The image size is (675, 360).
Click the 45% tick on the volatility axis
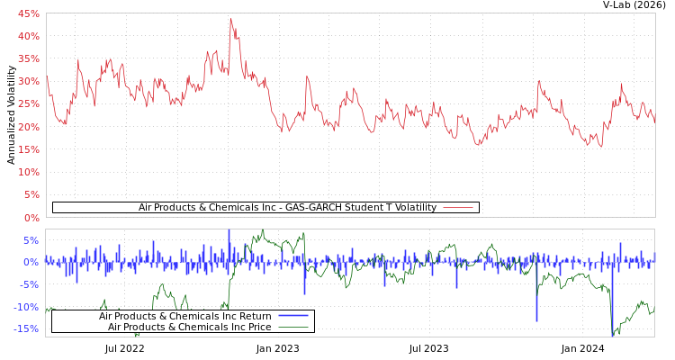coord(28,13)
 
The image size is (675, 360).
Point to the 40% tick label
coord(28,36)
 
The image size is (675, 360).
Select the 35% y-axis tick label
coord(28,58)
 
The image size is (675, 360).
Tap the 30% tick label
coord(28,81)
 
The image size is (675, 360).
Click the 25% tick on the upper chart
coord(28,104)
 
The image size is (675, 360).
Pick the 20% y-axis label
coord(28,127)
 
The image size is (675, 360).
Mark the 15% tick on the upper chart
coord(28,149)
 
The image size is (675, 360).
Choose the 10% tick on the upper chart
coord(28,172)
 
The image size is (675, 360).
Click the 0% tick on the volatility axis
coord(31,218)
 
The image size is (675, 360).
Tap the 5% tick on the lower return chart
coord(31,240)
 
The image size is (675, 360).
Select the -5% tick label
coord(29,284)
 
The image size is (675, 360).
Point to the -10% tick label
coord(26,307)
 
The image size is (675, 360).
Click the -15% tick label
coord(26,328)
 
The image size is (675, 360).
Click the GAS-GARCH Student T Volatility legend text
coord(287,207)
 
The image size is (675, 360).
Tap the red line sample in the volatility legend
coord(458,207)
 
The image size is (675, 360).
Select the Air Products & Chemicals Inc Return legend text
coord(184,316)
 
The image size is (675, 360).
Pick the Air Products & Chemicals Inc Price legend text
coord(189,327)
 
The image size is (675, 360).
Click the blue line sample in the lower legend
coord(292,316)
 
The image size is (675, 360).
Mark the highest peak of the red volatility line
coord(230,19)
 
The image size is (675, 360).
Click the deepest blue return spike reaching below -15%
coord(612,333)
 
